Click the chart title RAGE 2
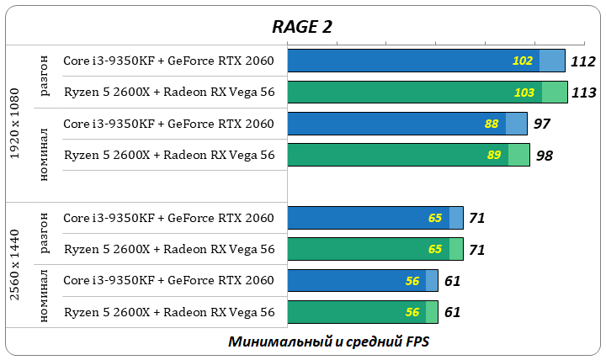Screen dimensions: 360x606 click(x=301, y=26)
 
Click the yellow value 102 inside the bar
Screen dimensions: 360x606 click(x=523, y=61)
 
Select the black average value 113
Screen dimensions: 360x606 click(x=583, y=93)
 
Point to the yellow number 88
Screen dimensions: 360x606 click(x=492, y=124)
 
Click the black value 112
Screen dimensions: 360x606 click(x=582, y=61)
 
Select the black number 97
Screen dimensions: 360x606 click(x=542, y=124)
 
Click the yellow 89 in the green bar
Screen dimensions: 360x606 click(x=494, y=156)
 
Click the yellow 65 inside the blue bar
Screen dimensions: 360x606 click(x=435, y=218)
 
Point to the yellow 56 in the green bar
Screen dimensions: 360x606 click(x=412, y=312)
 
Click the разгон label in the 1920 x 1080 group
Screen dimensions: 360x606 click(x=45, y=76)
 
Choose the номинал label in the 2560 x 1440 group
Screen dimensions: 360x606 click(x=45, y=296)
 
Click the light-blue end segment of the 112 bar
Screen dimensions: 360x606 click(x=551, y=61)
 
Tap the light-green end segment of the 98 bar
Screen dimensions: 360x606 click(x=518, y=156)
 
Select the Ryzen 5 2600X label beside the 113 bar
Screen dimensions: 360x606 click(x=169, y=93)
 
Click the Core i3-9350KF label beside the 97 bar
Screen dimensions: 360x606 click(x=169, y=124)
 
